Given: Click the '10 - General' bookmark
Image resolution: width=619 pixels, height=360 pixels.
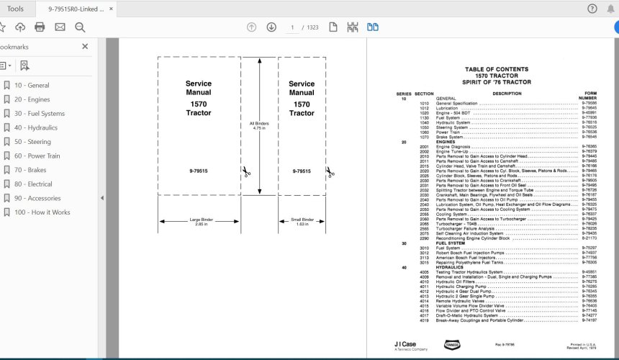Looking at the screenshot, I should click(x=32, y=85).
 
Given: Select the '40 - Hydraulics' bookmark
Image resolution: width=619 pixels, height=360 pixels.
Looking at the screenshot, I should click(x=35, y=127).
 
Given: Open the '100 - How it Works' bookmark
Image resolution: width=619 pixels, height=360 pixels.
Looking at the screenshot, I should click(x=42, y=212).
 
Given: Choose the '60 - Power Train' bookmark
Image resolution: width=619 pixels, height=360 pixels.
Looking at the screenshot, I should click(x=37, y=156).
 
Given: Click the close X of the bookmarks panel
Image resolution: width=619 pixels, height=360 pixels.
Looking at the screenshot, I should click(x=85, y=47).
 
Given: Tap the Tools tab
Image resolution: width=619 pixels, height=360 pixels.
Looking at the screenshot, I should click(x=15, y=9).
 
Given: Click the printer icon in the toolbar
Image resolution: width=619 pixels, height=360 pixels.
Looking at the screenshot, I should click(x=40, y=27).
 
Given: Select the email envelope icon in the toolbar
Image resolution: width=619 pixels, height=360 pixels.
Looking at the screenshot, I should click(x=60, y=27).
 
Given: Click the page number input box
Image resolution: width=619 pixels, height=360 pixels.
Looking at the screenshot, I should click(x=292, y=27).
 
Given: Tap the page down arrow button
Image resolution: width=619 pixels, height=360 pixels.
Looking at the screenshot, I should click(x=271, y=27).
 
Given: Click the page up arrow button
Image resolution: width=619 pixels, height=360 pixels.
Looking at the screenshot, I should click(x=251, y=27).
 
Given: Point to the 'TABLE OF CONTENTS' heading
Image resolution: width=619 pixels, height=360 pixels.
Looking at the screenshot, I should click(x=496, y=70).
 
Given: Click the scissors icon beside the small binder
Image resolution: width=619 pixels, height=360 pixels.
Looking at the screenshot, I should click(x=330, y=172).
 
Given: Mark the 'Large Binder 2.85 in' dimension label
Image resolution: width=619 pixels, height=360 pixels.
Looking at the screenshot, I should click(x=201, y=222).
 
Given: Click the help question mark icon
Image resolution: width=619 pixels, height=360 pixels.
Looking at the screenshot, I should click(x=592, y=9).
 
